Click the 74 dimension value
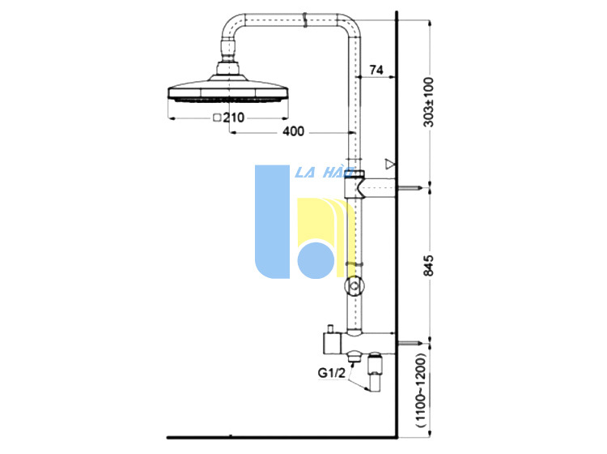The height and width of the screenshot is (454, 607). pos(376,70)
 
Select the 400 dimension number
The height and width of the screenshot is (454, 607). pos(294,131)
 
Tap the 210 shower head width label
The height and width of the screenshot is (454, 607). pos(233,118)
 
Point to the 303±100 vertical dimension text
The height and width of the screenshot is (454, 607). pos(429,102)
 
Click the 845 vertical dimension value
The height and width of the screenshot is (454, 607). pos(429,266)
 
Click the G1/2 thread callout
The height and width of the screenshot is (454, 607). pos(331,373)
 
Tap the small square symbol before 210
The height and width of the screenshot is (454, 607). pos(217,118)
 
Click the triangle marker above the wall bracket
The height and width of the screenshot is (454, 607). pos(390,164)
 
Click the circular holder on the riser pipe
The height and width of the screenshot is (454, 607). pos(354,287)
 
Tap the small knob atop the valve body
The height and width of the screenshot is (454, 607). pos(331,329)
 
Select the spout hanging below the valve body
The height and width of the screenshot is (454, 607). pos(375,372)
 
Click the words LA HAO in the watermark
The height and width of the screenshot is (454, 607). pos(325,173)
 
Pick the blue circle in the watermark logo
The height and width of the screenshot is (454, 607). pos(316,260)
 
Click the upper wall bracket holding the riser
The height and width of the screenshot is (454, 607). pos(370,188)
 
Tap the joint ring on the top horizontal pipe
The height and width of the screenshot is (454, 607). pos(305,19)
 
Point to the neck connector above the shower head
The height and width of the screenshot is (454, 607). pos(229,50)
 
